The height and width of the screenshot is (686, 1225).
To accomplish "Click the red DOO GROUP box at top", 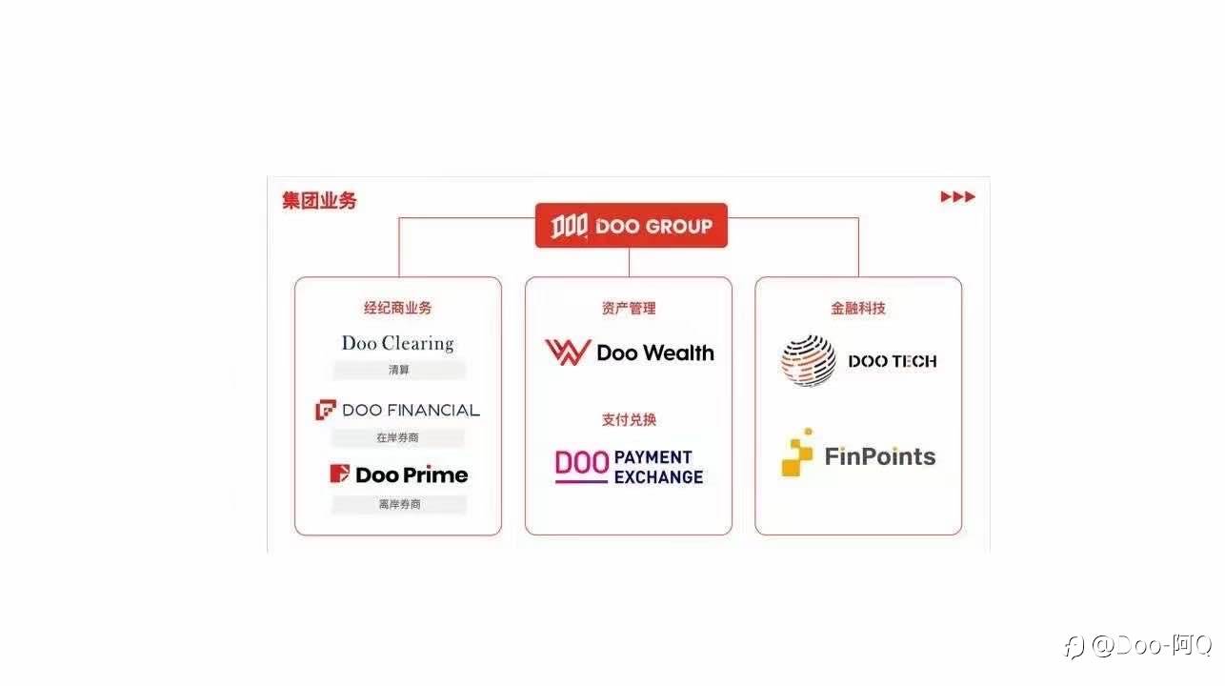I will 631,226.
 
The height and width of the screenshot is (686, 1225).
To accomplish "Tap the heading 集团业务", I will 319,201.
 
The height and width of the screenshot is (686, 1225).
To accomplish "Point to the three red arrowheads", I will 957,197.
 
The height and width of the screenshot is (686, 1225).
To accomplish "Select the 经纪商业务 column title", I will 397,308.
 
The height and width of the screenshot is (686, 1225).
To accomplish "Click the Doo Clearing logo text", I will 397,343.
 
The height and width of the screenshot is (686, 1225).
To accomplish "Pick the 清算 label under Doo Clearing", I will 398,370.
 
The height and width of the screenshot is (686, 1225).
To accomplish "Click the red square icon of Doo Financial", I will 326,410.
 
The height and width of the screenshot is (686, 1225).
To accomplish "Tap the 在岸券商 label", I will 397,437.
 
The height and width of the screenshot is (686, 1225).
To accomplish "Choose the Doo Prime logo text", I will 412,474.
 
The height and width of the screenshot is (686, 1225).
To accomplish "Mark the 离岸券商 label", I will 398,504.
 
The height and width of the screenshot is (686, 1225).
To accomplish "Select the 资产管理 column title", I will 629,308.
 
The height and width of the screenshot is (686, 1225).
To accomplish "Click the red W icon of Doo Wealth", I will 567,353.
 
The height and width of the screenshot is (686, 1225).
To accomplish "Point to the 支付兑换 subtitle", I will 629,419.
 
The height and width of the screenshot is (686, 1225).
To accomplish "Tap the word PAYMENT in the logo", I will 653,457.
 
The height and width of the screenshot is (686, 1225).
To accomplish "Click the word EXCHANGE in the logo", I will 659,476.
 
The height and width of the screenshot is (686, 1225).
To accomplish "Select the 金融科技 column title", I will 858,308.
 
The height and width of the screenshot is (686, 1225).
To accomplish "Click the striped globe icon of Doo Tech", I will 809,360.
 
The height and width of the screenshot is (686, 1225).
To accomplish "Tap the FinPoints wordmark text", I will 880,456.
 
